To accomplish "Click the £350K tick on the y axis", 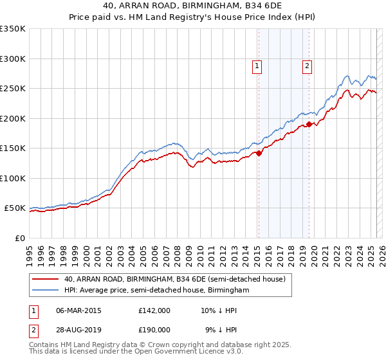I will (x=13, y=29).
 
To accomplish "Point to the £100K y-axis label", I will (x=13, y=178).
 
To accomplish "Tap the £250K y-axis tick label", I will (x=13, y=89).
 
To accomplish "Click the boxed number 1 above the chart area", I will (x=257, y=65).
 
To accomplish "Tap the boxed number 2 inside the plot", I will (x=308, y=65).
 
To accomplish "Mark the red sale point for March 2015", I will (x=259, y=153).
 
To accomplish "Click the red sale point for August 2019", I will (x=309, y=125).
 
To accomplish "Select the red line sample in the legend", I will (x=46, y=279).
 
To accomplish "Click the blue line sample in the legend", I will (x=46, y=291).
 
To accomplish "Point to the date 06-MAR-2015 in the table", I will (x=79, y=310).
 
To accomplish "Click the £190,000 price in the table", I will (x=154, y=329).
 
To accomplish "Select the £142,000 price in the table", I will (x=154, y=310).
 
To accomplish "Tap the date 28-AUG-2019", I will (x=79, y=329).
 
